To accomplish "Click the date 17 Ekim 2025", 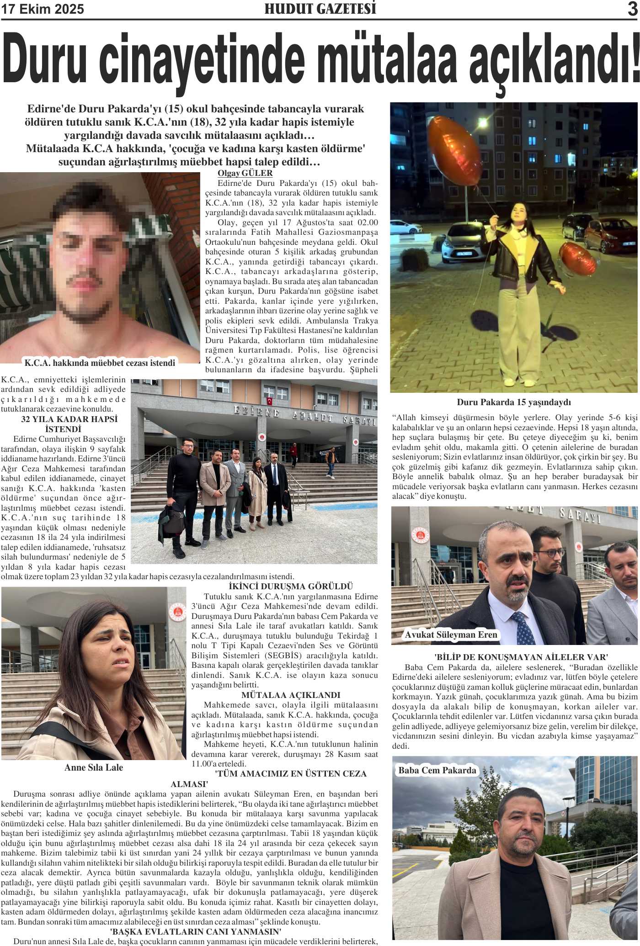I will (43, 10).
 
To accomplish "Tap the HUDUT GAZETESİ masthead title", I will (320, 9).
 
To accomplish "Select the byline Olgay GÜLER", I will (245, 174).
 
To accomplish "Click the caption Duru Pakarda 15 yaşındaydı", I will (514, 402).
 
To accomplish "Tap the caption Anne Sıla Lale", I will (94, 767).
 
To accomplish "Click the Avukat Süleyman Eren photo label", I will (451, 634).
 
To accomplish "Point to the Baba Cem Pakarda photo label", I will (437, 770).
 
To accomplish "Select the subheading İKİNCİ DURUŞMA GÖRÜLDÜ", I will (291, 587).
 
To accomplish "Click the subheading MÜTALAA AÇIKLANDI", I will (291, 695).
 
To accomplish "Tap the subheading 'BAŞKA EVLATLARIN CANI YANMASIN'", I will (196, 932).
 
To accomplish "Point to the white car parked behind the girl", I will (462, 242).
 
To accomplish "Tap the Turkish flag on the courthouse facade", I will (269, 402).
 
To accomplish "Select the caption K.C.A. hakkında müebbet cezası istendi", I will (100, 363).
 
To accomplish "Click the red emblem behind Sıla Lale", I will (177, 612).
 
